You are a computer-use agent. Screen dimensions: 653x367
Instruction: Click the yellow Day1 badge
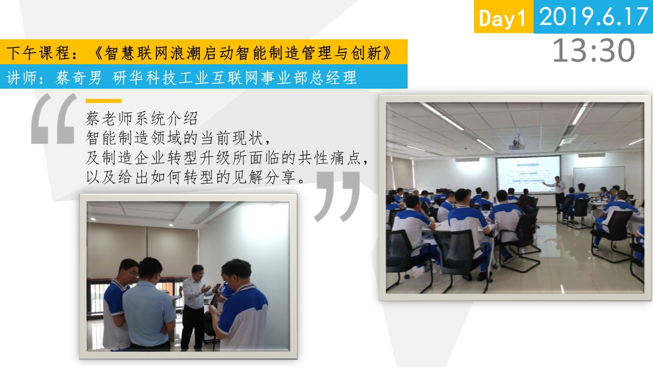point(504,17)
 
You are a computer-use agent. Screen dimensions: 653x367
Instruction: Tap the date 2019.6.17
point(593,17)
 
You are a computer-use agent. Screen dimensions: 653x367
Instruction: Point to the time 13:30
point(594,50)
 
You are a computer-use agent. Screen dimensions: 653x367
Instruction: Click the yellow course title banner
point(204,51)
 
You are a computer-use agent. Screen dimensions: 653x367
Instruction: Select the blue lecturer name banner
point(204,76)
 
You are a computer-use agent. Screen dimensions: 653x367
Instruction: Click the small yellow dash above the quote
point(104,101)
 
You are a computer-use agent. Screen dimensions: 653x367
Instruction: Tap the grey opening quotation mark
point(54,119)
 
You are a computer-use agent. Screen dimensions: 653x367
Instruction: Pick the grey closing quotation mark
point(337,197)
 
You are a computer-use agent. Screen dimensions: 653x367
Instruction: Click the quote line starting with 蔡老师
point(142,118)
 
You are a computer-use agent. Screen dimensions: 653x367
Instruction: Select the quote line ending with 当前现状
point(178,138)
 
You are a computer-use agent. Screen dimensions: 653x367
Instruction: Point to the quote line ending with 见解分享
point(195,177)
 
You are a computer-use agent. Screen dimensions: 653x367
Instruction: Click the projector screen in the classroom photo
point(528,174)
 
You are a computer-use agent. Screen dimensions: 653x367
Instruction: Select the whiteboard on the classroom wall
point(599,178)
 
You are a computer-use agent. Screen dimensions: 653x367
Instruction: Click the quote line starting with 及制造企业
point(227,158)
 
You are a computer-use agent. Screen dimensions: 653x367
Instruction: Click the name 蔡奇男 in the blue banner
point(79,77)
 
